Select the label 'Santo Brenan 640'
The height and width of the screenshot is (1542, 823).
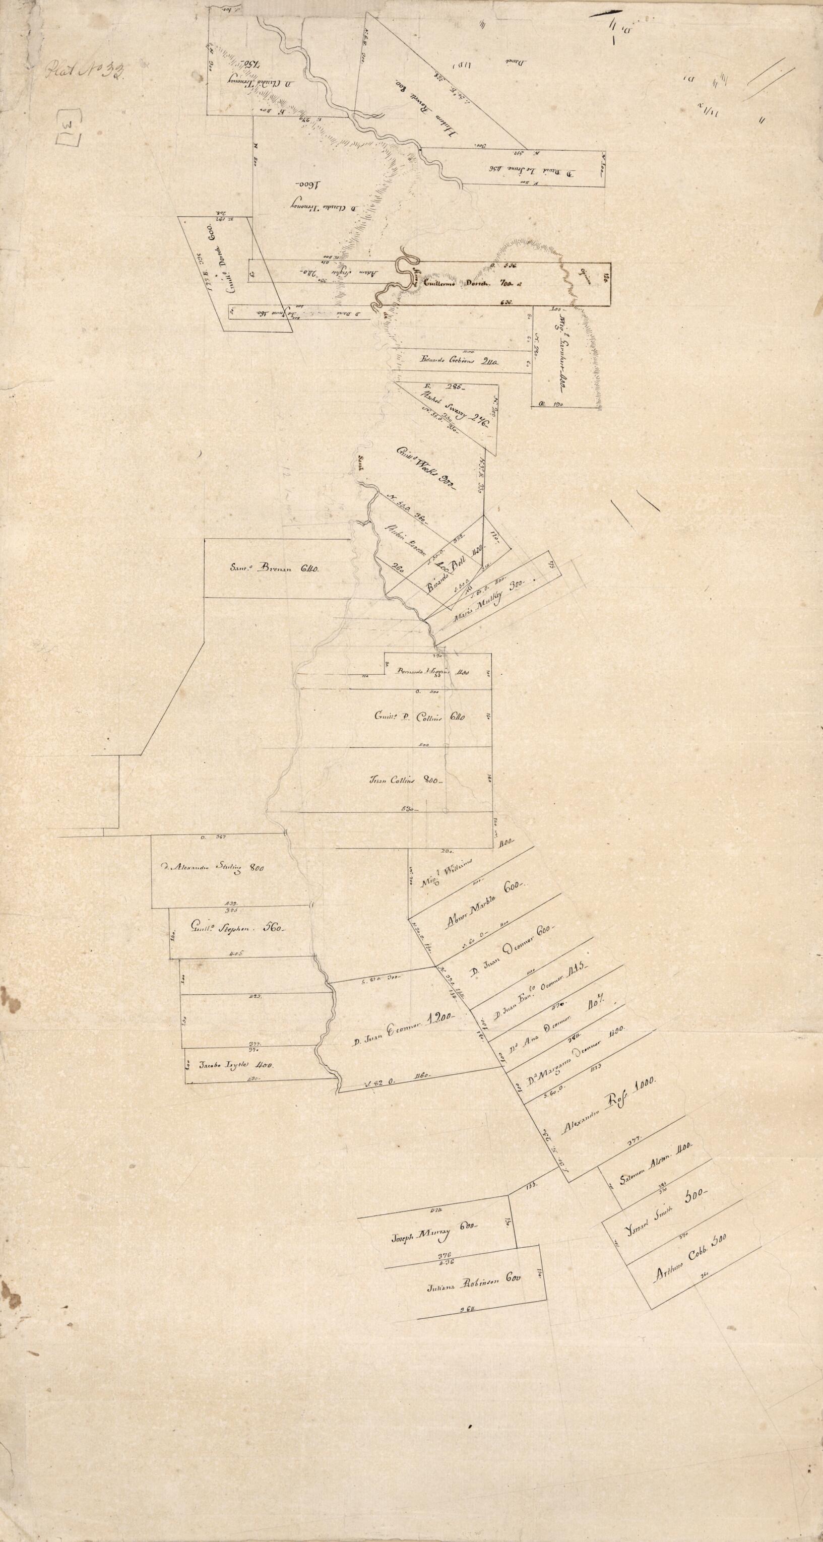click(x=275, y=569)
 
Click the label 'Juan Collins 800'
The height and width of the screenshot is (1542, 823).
click(x=407, y=780)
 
